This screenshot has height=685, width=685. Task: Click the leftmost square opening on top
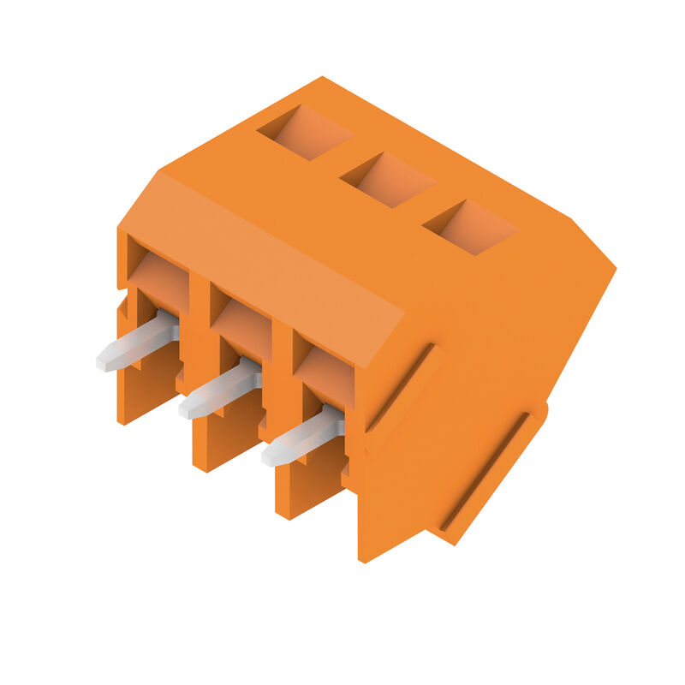click(x=305, y=132)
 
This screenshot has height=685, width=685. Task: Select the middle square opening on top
click(x=387, y=180)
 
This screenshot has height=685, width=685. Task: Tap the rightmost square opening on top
click(x=470, y=227)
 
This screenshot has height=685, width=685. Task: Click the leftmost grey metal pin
click(x=137, y=343)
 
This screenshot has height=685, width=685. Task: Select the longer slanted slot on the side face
click(x=484, y=471)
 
